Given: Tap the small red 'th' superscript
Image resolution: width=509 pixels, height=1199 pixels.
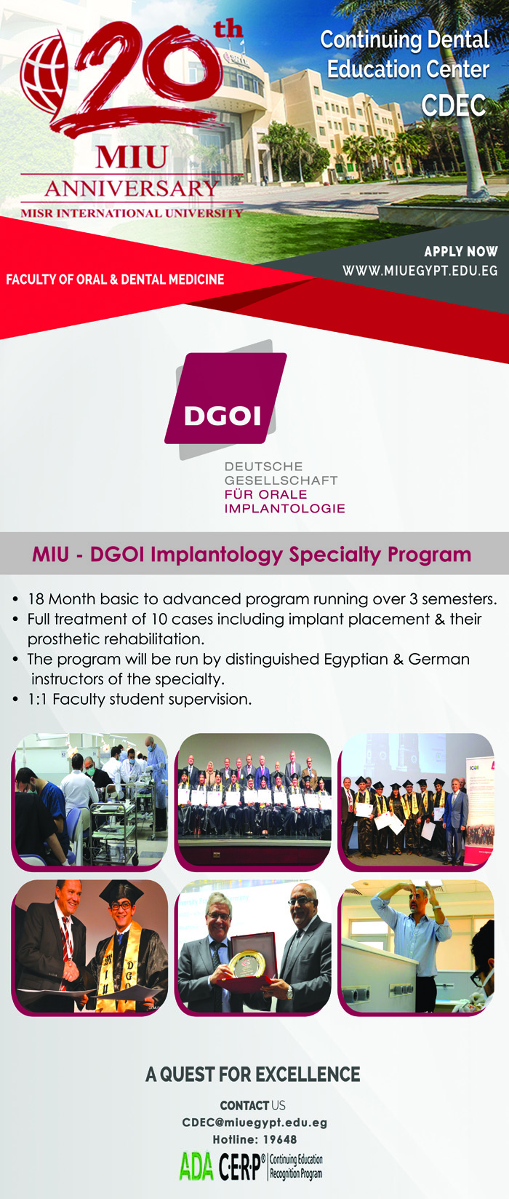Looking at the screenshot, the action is (x=228, y=29).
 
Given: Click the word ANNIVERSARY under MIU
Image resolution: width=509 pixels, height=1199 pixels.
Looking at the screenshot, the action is (x=132, y=188).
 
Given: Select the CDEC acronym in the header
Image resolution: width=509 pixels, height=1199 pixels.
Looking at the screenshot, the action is (x=454, y=105).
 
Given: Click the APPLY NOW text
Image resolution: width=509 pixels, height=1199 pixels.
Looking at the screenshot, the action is (x=460, y=252).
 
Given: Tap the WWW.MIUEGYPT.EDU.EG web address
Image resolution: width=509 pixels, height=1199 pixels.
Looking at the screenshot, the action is (x=420, y=270).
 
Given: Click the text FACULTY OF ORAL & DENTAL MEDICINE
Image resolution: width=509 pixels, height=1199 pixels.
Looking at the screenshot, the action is (x=115, y=279).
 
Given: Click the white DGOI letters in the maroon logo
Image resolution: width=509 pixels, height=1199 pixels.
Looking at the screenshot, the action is (x=223, y=416).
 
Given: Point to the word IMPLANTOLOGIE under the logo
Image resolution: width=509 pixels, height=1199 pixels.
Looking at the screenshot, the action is (x=284, y=508).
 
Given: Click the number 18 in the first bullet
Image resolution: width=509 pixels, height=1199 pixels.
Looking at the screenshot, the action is (x=36, y=598).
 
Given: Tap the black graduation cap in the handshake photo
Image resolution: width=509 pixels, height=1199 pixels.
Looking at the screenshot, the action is (x=121, y=892).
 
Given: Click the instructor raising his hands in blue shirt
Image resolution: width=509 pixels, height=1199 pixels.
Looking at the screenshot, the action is (x=414, y=943).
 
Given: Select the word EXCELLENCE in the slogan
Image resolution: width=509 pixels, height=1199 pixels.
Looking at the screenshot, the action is (x=308, y=1075).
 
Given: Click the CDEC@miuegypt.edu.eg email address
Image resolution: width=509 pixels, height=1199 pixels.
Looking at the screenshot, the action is (x=254, y=1123).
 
